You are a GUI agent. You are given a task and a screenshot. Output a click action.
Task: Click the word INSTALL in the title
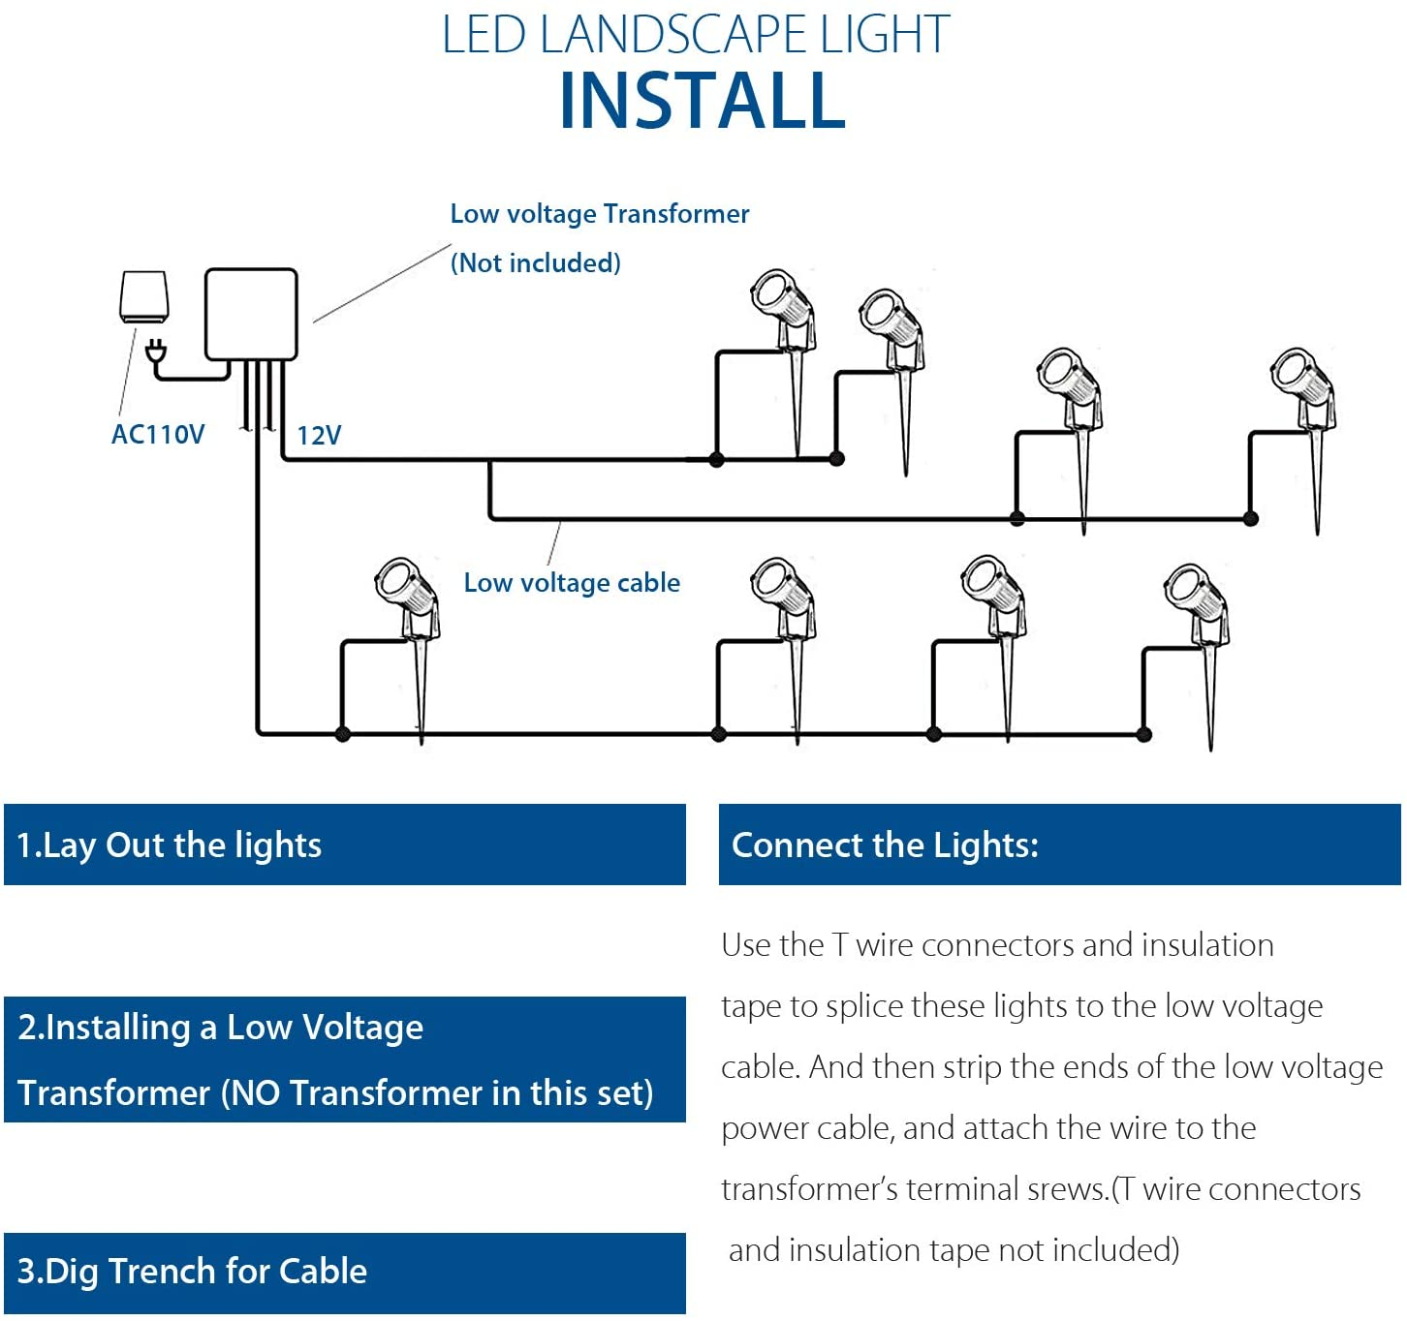point(703,101)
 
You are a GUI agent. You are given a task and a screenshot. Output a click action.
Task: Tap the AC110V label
point(158,434)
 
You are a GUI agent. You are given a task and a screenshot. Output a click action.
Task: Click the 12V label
point(319,435)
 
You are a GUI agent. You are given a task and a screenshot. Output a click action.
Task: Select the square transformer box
point(251,314)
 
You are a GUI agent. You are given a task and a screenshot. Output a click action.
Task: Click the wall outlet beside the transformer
point(144,296)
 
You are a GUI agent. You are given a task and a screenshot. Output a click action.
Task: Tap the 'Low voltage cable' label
point(572,582)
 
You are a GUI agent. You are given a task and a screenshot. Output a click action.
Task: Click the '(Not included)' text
point(536,262)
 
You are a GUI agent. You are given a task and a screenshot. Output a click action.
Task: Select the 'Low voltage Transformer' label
point(600,213)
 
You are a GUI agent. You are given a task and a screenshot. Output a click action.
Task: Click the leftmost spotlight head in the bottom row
point(399,584)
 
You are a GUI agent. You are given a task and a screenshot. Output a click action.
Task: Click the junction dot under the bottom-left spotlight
point(342,734)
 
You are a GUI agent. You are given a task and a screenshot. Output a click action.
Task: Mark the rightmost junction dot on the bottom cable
point(1144,734)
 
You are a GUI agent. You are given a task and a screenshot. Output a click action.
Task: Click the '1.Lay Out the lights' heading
point(170,845)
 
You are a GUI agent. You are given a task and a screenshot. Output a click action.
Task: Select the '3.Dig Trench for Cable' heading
point(193,1271)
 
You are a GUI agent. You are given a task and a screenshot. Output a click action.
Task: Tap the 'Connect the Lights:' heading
point(885,845)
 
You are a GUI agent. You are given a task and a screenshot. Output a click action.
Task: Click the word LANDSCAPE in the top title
point(675,35)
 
